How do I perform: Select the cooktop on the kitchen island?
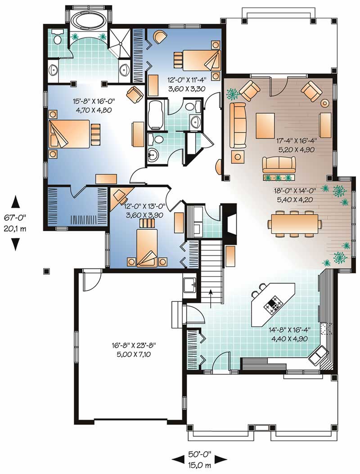(x=273, y=306)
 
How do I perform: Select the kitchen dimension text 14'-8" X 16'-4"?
(x=289, y=330)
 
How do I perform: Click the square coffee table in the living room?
(x=265, y=125)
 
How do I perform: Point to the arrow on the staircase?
(x=211, y=299)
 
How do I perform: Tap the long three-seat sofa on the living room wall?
(x=238, y=125)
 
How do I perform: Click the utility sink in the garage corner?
(x=190, y=285)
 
